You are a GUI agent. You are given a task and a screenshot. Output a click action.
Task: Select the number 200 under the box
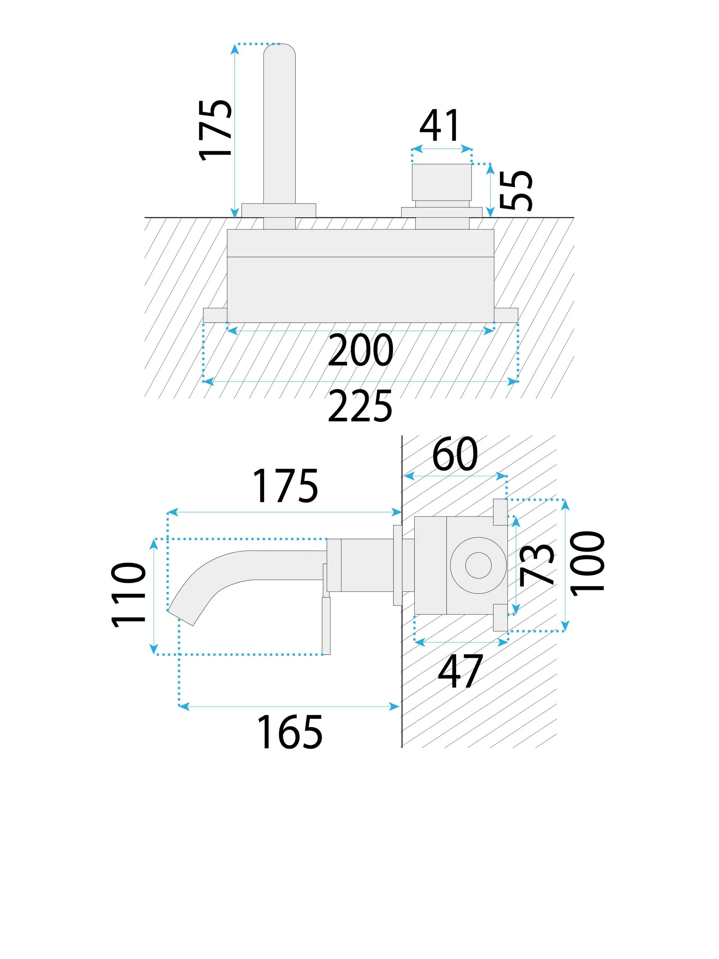point(361,350)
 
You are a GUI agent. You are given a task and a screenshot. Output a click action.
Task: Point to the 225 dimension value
point(360,406)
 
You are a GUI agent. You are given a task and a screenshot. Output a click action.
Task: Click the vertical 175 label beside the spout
point(215,130)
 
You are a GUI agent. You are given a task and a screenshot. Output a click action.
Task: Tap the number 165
point(289,733)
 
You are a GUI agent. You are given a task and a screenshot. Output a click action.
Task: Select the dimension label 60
point(455,454)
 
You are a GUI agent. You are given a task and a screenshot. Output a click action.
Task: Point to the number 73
point(536,564)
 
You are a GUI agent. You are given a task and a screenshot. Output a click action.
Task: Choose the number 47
point(460,672)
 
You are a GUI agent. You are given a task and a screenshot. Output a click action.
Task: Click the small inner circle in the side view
point(478,565)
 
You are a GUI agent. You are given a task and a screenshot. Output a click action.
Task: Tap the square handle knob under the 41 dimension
point(441,182)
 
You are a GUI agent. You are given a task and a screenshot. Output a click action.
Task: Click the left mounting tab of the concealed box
point(215,315)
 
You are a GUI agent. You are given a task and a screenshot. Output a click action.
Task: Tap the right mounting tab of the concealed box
point(506,315)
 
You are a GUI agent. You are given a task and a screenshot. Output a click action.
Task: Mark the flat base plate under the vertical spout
point(279,210)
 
